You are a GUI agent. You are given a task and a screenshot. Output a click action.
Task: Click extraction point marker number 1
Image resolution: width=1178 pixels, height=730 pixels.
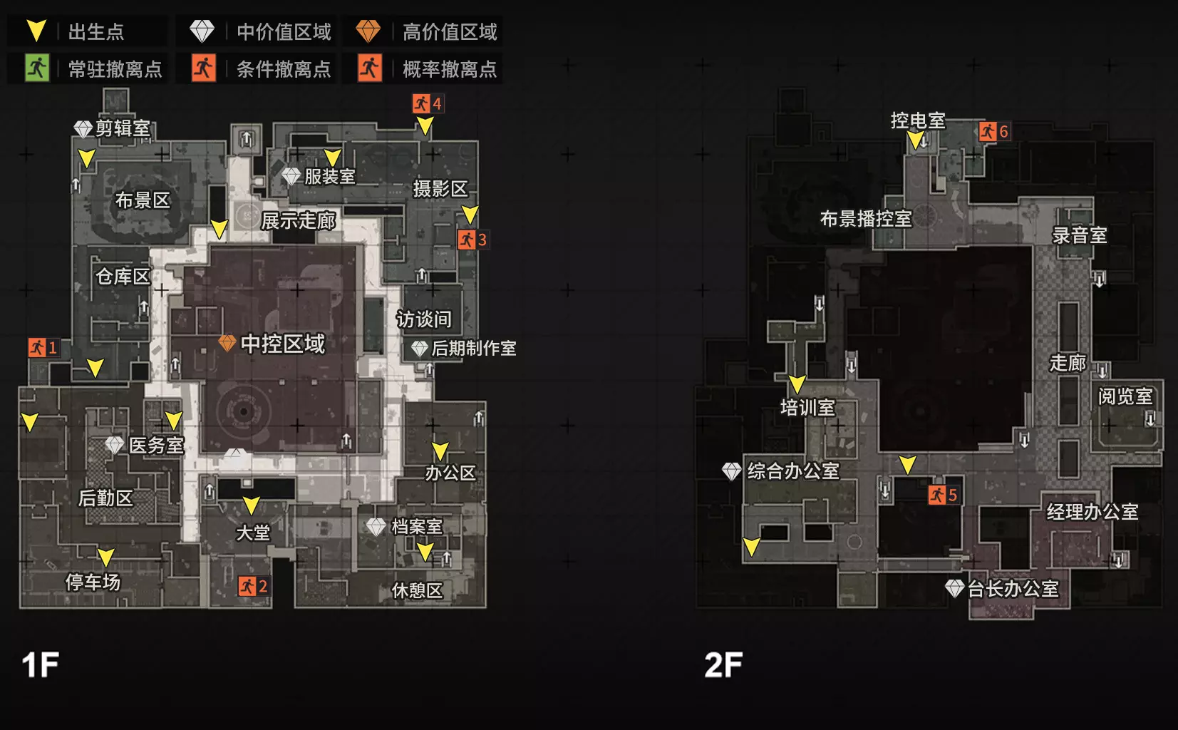[43, 348]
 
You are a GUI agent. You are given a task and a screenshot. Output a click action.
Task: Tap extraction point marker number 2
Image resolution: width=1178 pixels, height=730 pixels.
[254, 586]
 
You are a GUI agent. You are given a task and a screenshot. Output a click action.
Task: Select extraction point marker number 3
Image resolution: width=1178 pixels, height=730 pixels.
[472, 240]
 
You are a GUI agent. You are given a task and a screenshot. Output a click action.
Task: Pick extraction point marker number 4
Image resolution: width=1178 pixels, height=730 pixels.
[428, 103]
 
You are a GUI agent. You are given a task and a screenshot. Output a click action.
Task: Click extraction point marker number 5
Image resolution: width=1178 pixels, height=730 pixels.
[944, 495]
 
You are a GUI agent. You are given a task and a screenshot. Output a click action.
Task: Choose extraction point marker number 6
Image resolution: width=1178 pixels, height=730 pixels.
[994, 131]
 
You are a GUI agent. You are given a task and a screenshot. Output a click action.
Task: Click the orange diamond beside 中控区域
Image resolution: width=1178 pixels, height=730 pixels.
[227, 343]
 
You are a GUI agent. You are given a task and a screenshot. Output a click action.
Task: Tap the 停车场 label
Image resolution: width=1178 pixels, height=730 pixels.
[93, 582]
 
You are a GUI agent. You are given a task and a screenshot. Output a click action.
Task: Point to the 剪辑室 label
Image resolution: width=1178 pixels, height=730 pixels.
[123, 128]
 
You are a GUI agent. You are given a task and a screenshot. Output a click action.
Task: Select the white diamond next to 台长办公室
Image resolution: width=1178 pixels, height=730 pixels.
[954, 588]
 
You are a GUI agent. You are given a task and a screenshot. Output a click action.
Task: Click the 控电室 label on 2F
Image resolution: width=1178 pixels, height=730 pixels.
[918, 120]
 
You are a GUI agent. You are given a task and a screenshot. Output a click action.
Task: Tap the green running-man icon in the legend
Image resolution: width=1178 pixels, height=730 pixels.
[37, 68]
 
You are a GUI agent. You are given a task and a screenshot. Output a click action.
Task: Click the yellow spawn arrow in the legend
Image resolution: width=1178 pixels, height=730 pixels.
[36, 31]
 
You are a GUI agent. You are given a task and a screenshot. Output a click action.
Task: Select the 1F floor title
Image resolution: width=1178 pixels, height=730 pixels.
[41, 665]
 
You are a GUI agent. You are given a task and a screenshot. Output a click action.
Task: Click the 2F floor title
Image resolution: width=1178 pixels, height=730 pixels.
[723, 665]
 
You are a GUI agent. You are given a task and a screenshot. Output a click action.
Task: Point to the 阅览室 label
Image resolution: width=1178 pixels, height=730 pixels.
[1125, 396]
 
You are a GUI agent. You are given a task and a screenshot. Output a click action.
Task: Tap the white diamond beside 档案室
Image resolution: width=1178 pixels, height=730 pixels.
[376, 526]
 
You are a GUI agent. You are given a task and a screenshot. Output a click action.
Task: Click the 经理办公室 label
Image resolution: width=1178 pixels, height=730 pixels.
[1092, 512]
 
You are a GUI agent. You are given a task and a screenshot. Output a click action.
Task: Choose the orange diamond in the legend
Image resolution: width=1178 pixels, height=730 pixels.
[368, 31]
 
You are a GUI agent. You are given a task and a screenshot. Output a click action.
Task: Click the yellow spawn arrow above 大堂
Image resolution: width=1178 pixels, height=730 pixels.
[252, 505]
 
